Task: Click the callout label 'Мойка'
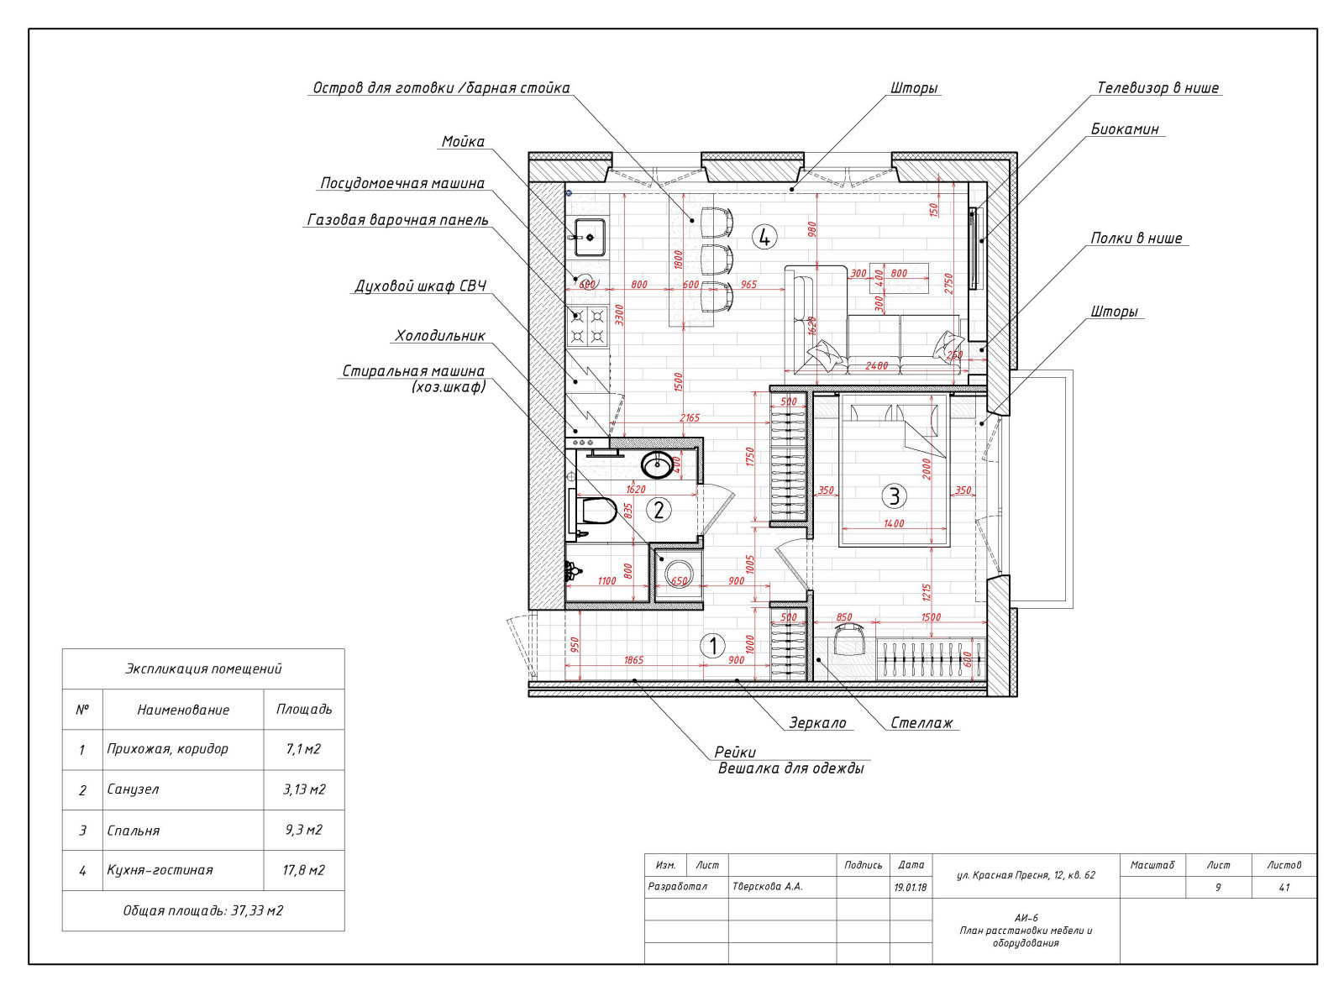pyautogui.click(x=463, y=142)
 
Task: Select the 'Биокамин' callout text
pyautogui.click(x=1125, y=129)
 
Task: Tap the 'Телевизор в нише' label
pyautogui.click(x=1158, y=88)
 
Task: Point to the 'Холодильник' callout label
pyautogui.click(x=440, y=336)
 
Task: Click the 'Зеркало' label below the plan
pyautogui.click(x=817, y=723)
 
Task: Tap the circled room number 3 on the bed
pyautogui.click(x=894, y=496)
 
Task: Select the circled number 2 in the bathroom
pyautogui.click(x=659, y=511)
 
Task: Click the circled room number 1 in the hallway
pyautogui.click(x=713, y=646)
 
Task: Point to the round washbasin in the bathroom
pyautogui.click(x=658, y=465)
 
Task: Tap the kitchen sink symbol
pyautogui.click(x=589, y=238)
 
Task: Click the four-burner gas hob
pyautogui.click(x=587, y=326)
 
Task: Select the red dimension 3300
pyautogui.click(x=619, y=315)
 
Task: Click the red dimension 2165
pyautogui.click(x=690, y=417)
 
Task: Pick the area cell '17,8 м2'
pyautogui.click(x=303, y=870)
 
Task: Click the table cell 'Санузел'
pyautogui.click(x=133, y=789)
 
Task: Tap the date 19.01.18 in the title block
pyautogui.click(x=911, y=887)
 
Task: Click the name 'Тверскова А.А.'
pyautogui.click(x=767, y=887)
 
